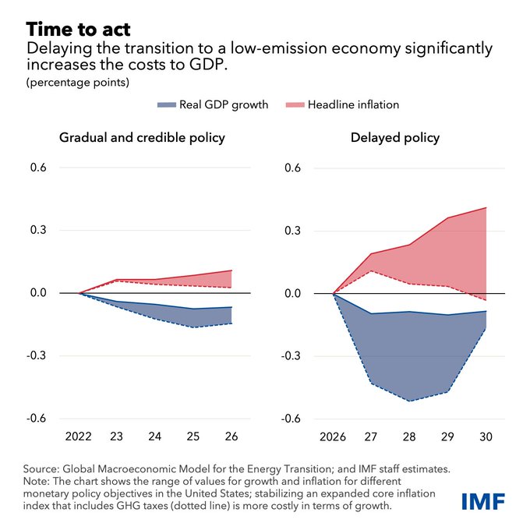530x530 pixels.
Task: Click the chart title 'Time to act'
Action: pos(78,30)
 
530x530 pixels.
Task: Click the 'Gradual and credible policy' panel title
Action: pos(142,138)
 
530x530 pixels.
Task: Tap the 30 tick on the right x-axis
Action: pos(486,436)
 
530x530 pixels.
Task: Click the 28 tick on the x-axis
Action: pos(410,436)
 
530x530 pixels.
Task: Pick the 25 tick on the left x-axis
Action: pos(194,436)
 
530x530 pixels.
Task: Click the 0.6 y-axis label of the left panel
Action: pos(38,168)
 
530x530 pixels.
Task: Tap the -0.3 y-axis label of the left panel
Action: pos(36,355)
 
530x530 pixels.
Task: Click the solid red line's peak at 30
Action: pos(486,207)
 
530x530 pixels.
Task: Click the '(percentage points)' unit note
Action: pos(65,82)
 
